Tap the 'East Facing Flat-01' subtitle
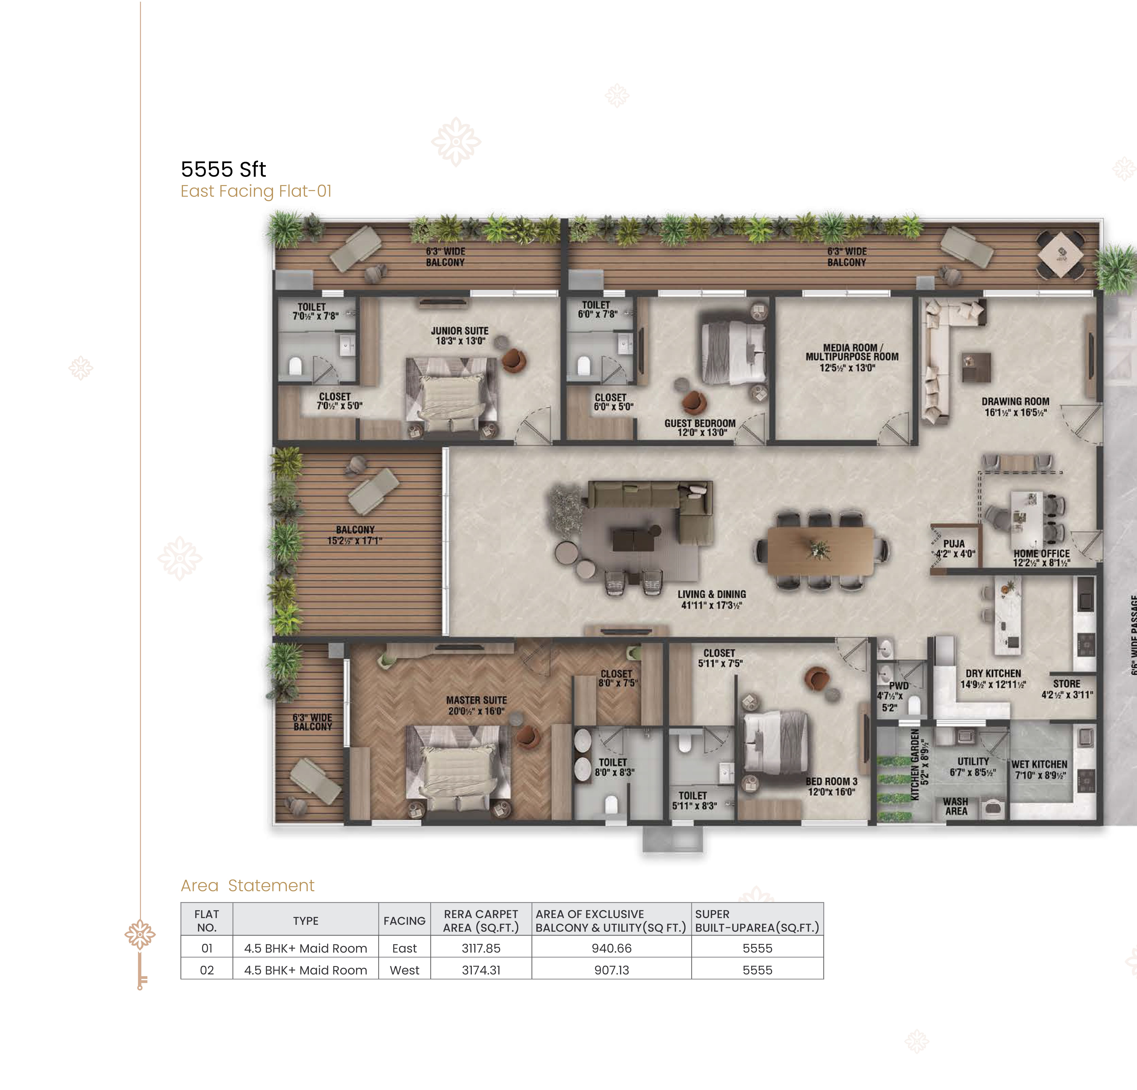[x=256, y=192]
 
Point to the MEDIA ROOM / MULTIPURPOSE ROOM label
[x=852, y=357]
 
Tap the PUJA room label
[x=954, y=548]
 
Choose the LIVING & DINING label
[x=712, y=599]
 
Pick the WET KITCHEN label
[x=1040, y=770]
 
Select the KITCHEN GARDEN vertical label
[x=919, y=764]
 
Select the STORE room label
[x=1067, y=689]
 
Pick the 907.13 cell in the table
[x=611, y=970]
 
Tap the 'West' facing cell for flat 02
[x=404, y=970]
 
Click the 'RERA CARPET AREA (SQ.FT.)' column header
[x=481, y=920]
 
